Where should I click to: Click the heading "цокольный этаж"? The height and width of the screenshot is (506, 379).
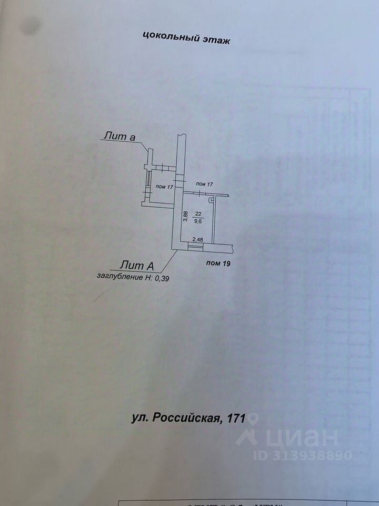[186, 38]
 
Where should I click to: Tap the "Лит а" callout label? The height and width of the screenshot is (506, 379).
[119, 137]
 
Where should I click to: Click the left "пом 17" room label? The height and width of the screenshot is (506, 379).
[165, 187]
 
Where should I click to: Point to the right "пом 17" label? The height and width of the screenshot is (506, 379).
[204, 183]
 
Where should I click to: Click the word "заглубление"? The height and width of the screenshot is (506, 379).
[120, 276]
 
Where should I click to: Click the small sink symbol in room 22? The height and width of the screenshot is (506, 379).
[211, 200]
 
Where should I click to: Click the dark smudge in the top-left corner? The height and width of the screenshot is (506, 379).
[30, 24]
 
